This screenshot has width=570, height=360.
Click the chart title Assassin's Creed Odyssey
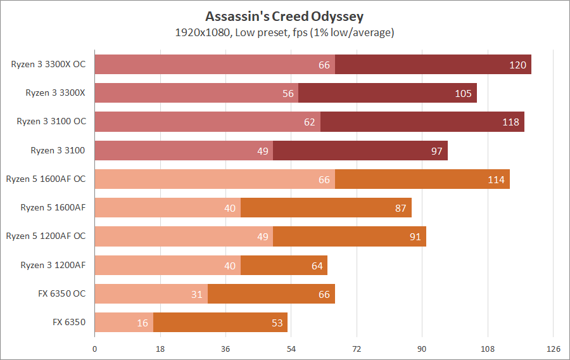284,16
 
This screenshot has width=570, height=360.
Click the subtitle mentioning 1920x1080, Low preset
284,32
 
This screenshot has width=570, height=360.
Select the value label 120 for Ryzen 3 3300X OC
517,65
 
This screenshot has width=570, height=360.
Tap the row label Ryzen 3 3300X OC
48,64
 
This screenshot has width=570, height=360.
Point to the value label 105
463,93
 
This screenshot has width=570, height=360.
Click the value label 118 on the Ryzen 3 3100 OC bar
510,122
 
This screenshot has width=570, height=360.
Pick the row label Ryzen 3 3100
58,150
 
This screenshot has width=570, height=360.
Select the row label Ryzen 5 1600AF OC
46,179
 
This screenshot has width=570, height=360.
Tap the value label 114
496,179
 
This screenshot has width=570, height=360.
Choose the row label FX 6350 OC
61,293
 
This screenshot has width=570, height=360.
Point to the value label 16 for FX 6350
142,323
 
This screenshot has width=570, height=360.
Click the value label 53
277,323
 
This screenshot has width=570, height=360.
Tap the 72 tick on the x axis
357,348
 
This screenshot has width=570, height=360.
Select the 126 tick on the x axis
553,348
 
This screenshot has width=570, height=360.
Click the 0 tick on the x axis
95,348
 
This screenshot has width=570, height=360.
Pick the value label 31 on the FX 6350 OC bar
197,294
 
